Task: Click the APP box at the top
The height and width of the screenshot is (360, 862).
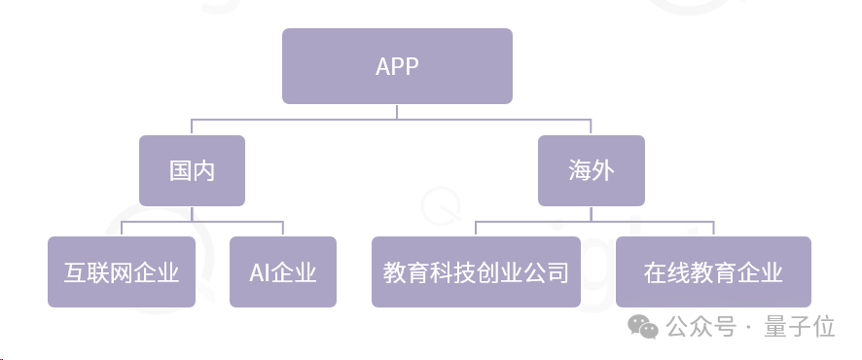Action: [x=397, y=66]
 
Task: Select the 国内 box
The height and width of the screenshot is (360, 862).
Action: [x=192, y=170]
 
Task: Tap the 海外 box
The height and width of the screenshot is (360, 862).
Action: [x=592, y=170]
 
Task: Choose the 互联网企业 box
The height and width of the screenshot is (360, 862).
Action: [x=121, y=271]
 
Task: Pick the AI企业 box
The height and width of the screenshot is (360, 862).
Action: [x=283, y=271]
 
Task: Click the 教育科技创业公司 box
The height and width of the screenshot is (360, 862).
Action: [x=476, y=271]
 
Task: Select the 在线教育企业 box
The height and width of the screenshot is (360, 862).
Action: [x=713, y=271]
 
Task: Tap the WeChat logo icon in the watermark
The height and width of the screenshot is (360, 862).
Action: [x=643, y=326]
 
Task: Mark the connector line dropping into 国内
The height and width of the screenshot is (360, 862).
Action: [x=192, y=127]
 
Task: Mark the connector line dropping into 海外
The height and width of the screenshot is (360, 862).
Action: [x=592, y=127]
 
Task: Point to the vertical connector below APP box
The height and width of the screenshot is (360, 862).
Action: [x=397, y=111]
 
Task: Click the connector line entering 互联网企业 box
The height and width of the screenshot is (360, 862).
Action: [x=121, y=229]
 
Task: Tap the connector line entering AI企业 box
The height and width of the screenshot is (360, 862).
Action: [x=283, y=229]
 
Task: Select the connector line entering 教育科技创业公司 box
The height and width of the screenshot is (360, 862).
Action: [x=476, y=229]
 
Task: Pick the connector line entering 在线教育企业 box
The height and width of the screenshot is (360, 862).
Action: [x=713, y=229]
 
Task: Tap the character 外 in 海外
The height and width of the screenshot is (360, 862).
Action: [x=603, y=170]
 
